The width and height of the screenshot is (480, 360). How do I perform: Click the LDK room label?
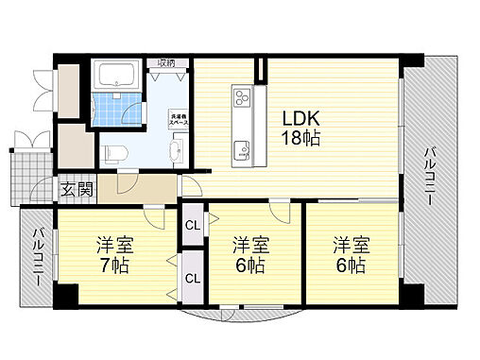301,120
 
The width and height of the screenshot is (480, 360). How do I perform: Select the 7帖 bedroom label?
112,265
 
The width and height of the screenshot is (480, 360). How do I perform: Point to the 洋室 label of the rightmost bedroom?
350,244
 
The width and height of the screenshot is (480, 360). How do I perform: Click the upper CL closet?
192,225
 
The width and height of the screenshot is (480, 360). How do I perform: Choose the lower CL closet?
192,278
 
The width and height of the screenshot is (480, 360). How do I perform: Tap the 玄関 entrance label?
77,188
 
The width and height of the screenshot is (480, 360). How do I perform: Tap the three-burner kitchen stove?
241,99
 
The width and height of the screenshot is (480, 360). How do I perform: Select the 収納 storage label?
166,63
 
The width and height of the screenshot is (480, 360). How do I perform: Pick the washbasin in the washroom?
177,151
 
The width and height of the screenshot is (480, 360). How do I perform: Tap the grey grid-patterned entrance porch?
25,174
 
